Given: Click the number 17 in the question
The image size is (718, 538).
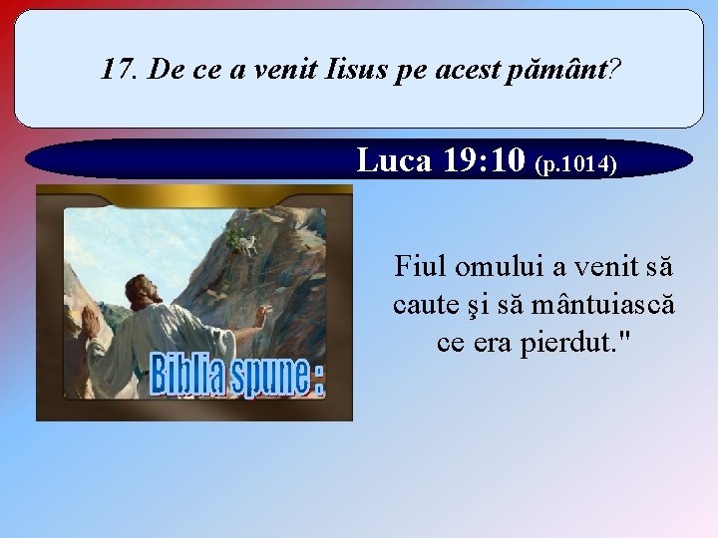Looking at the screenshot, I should click(x=117, y=69).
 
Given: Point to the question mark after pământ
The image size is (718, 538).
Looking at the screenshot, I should click(x=616, y=69).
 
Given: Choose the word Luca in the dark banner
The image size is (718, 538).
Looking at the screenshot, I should click(x=391, y=159).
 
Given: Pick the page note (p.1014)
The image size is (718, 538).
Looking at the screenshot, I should click(x=576, y=163).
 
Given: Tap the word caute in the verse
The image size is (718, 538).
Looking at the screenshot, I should click(x=424, y=304).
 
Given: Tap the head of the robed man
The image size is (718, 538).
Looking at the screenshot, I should click(x=144, y=290).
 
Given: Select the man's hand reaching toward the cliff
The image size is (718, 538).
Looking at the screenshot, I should click(x=261, y=317).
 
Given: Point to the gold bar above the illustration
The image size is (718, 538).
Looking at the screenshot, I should click(x=194, y=194).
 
